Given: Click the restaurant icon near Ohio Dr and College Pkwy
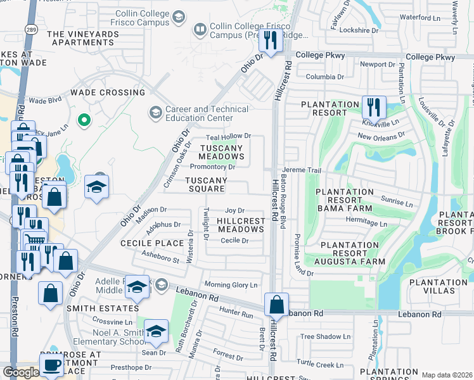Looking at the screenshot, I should pyautogui.click(x=271, y=41).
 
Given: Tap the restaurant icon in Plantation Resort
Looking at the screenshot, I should pyautogui.click(x=374, y=107).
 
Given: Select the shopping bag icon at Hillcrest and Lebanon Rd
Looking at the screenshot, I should pyautogui.click(x=277, y=305).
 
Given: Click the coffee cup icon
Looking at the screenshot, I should pyautogui.click(x=51, y=365).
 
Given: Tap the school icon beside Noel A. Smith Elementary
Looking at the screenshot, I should pyautogui.click(x=156, y=331).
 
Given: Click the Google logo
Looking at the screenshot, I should pyautogui.click(x=20, y=372).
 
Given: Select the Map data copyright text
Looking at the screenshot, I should pyautogui.click(x=447, y=375).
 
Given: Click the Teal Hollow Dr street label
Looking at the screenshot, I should pyautogui.click(x=229, y=136).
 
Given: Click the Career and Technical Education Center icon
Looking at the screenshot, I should pyautogui.click(x=155, y=113).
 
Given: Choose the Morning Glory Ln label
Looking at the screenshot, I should pyautogui.click(x=231, y=284).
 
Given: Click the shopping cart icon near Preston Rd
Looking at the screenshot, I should pyautogui.click(x=35, y=240).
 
